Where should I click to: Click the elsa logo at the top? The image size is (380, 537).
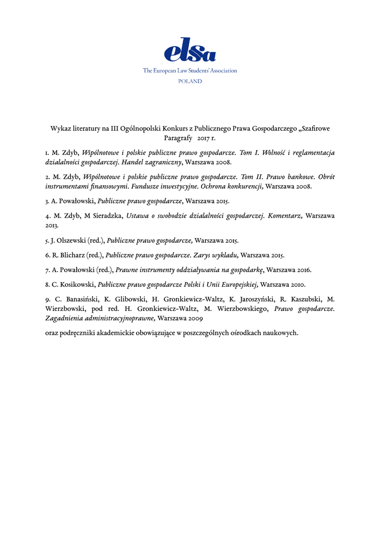tap(190, 50)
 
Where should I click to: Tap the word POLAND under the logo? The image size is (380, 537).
tap(190, 81)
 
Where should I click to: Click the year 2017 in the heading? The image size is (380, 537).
tap(204, 138)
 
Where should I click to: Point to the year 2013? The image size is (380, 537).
tap(52, 225)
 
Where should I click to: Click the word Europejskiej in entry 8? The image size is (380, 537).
tap(236, 285)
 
